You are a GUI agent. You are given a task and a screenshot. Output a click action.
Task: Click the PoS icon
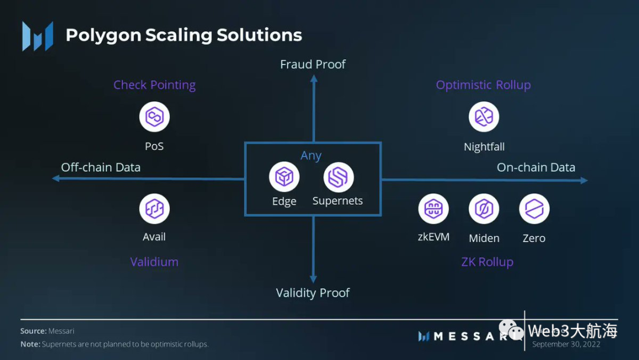[154, 117]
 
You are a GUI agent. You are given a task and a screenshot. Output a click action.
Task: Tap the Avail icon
[154, 208]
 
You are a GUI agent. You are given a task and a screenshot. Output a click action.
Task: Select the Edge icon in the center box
[284, 177]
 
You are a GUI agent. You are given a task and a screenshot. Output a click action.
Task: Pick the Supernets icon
[338, 177]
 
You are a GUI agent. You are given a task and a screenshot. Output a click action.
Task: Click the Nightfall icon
[484, 117]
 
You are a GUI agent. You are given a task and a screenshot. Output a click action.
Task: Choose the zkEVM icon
[434, 208]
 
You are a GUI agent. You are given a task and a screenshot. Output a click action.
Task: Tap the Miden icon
[484, 208]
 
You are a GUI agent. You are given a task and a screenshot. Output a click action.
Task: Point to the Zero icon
[534, 208]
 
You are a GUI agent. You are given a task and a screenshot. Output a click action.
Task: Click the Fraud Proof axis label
[313, 64]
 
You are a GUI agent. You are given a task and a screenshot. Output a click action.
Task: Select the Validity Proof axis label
[313, 292]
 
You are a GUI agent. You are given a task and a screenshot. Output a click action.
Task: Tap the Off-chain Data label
[101, 167]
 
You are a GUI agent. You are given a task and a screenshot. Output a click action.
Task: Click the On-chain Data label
[536, 167]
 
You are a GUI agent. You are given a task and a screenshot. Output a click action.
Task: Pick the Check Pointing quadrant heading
[154, 85]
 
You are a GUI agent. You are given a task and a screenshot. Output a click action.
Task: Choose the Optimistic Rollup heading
[483, 85]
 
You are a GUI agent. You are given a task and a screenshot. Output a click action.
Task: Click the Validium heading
[154, 262]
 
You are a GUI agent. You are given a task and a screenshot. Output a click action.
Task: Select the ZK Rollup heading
[488, 262]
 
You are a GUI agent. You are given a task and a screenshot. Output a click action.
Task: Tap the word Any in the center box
[311, 156]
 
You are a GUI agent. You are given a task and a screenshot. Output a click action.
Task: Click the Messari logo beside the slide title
[38, 36]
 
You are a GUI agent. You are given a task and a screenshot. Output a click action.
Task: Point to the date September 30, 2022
[566, 344]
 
